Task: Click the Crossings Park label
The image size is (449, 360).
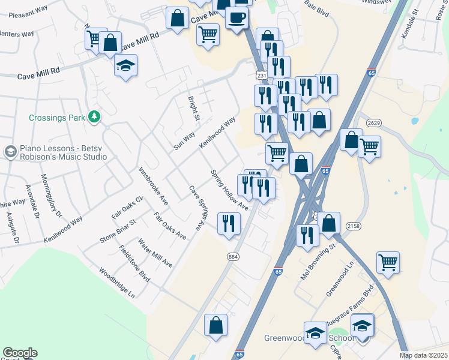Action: click(57, 118)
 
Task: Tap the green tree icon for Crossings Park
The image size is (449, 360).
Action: click(94, 116)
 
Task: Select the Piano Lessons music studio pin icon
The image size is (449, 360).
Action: click(10, 152)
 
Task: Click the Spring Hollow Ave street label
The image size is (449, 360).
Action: click(229, 190)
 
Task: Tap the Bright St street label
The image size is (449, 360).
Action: click(193, 109)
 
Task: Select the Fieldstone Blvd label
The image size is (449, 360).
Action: click(134, 263)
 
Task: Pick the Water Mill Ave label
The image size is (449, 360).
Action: click(155, 253)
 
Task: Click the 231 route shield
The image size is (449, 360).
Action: click(261, 76)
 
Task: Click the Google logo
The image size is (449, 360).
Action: click(20, 353)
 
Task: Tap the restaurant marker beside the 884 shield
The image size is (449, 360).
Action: click(228, 224)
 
